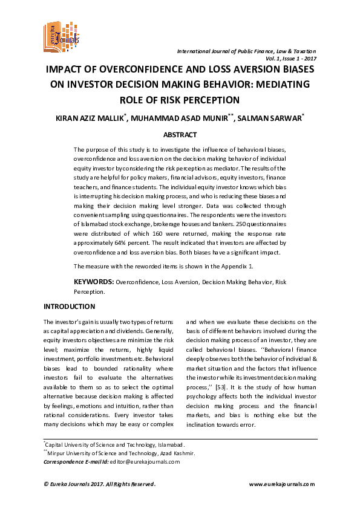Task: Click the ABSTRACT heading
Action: pos(180,135)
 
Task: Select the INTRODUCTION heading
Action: pos(70,307)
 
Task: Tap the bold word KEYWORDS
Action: pos(94,282)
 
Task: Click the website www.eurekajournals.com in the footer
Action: pos(283,484)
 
